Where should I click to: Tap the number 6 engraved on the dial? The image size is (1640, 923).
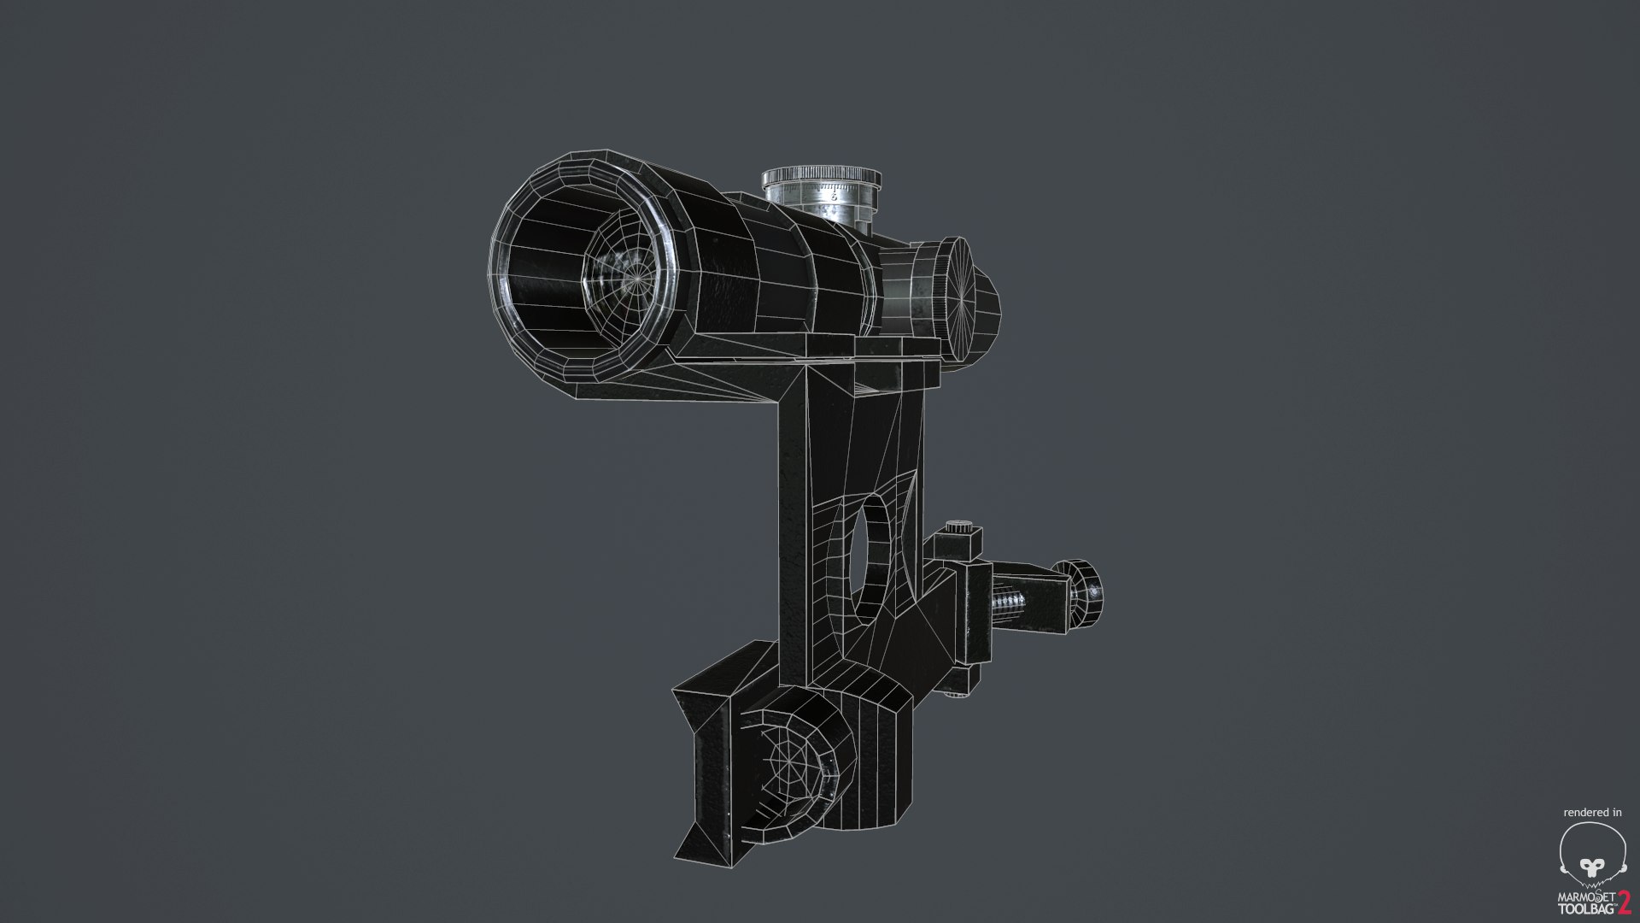833,196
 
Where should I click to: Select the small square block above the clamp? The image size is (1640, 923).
958,545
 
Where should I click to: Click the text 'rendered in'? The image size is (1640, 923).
1592,812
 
